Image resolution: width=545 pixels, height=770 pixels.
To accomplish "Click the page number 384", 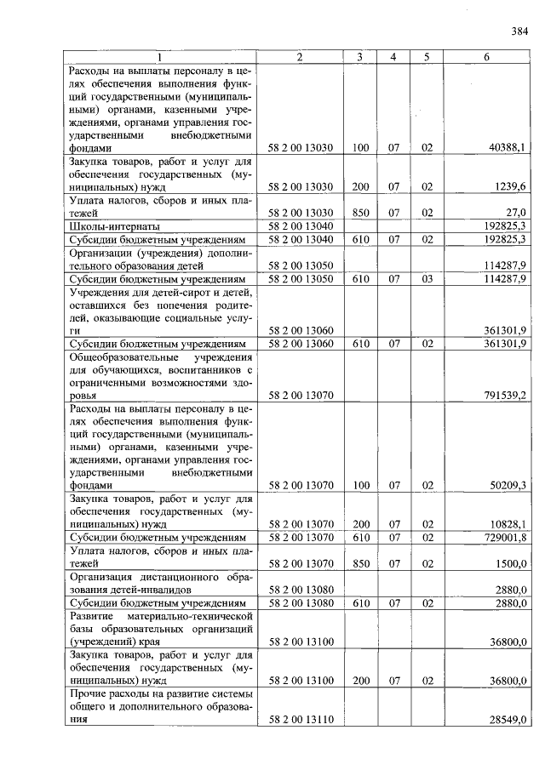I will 519,32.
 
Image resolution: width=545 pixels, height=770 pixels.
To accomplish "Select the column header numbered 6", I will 486,56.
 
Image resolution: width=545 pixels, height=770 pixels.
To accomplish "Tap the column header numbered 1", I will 160,56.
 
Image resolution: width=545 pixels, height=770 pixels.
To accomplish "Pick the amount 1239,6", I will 513,186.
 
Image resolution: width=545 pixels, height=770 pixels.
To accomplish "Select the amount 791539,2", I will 506,395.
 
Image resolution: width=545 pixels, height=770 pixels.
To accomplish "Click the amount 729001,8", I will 506,538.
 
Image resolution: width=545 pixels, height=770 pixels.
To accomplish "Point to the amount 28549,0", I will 509,720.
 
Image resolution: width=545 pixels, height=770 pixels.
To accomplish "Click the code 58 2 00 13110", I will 300,720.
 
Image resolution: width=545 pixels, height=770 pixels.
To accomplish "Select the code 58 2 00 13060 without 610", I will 300,330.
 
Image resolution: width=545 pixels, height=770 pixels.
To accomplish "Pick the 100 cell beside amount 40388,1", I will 360,148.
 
